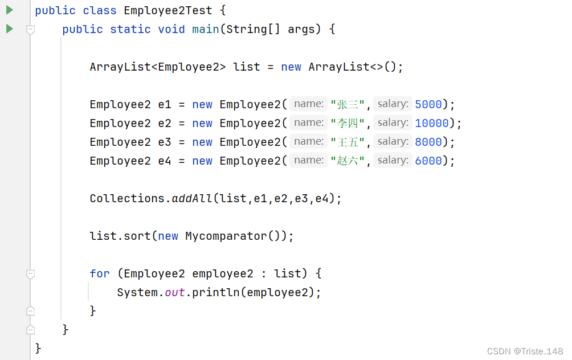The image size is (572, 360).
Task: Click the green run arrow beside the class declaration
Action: (9, 10)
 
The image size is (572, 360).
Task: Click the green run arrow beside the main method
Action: (9, 28)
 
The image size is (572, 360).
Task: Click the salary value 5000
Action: (428, 104)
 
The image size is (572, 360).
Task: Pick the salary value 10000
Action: (432, 123)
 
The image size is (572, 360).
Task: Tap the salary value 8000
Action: (428, 142)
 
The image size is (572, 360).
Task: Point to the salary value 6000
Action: (428, 161)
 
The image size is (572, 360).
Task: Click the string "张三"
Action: (348, 104)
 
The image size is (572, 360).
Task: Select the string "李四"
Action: (348, 123)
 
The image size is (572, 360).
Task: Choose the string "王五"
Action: (348, 142)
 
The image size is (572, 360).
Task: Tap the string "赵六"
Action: (348, 161)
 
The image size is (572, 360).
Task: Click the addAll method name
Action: (192, 198)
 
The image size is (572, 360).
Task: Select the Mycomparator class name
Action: (226, 236)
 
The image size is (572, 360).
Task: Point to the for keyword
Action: (99, 273)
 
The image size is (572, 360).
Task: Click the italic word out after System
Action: (174, 292)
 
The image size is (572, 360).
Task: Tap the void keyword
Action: (171, 29)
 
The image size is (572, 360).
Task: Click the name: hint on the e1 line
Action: (309, 104)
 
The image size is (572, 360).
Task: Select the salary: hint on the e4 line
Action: (393, 160)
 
